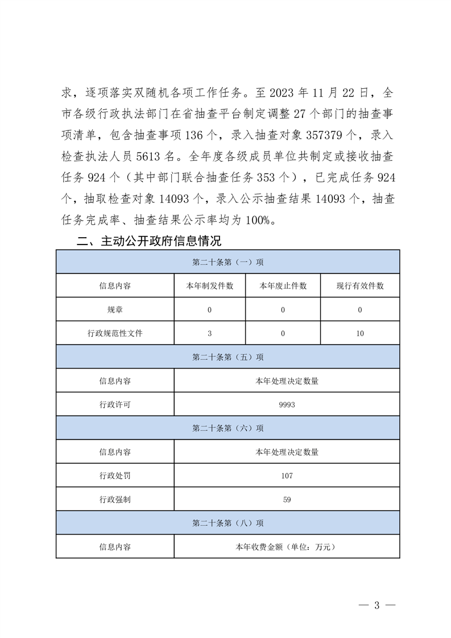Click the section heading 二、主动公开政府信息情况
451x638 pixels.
[149, 241]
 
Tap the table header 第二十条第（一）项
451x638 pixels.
[227, 262]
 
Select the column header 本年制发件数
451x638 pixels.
[210, 286]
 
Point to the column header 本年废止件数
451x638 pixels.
[283, 286]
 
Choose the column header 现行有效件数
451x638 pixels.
[360, 286]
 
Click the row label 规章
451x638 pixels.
[115, 310]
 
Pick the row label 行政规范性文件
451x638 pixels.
[115, 334]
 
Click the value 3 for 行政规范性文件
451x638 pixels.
[210, 334]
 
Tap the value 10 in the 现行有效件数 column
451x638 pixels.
[360, 334]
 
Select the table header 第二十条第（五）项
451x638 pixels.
[227, 358]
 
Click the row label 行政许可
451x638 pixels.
[115, 405]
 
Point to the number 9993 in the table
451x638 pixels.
[287, 405]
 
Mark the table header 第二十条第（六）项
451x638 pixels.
[227, 428]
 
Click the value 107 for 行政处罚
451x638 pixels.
[287, 475]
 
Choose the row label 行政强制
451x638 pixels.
[115, 499]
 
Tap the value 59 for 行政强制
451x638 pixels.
[287, 499]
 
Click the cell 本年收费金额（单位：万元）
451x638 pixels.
[287, 547]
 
